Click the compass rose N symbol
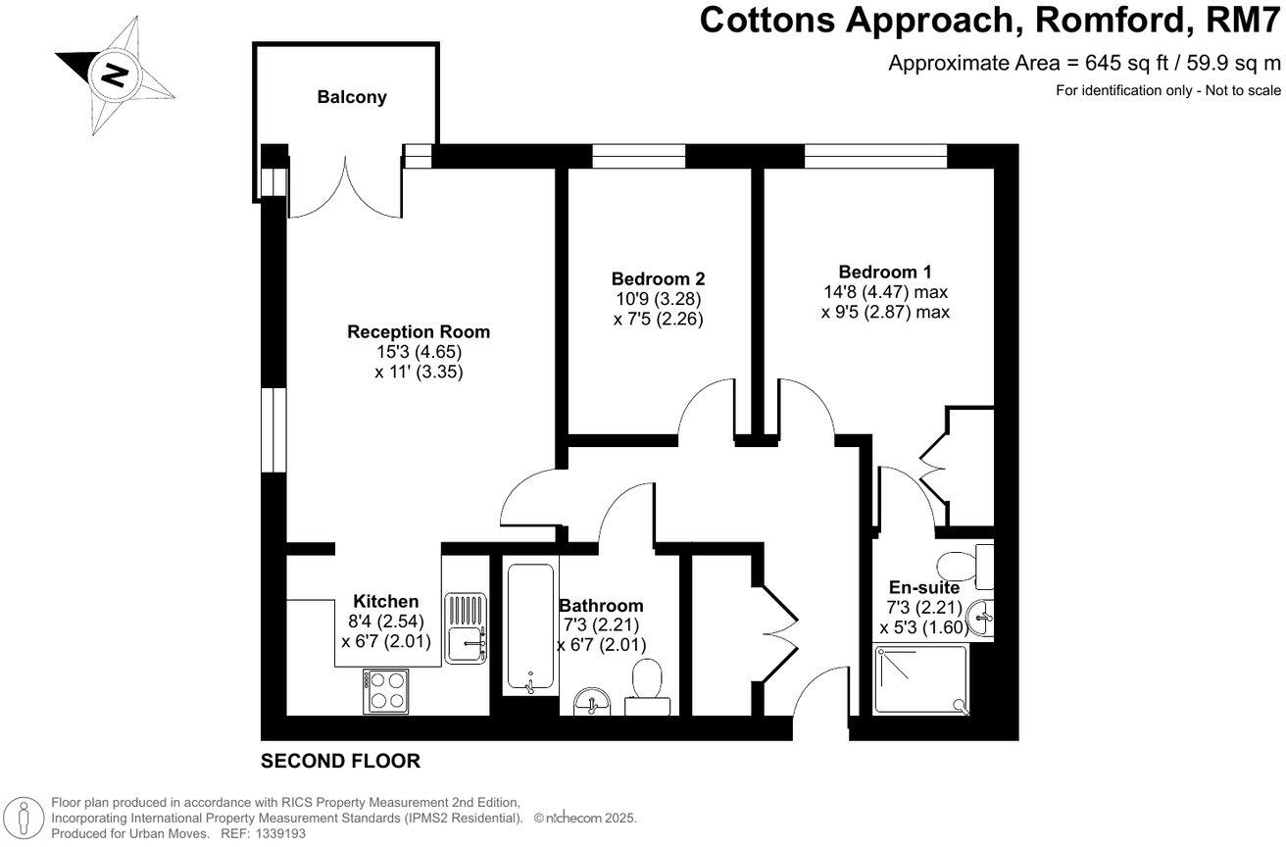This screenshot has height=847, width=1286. point(116,74)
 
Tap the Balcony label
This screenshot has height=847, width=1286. point(351,97)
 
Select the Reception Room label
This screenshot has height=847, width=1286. point(419,332)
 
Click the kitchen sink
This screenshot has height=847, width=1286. point(465,627)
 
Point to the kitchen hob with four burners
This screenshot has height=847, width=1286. point(386,690)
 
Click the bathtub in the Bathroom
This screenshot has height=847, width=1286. point(530,627)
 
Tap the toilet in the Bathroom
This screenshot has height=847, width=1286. point(647,682)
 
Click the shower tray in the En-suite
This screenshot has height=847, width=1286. point(919,679)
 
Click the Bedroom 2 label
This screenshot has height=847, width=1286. point(658,278)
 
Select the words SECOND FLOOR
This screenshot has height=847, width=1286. point(340,761)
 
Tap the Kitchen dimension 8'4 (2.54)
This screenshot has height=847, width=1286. point(386,622)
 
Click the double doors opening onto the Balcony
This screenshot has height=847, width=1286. point(345,186)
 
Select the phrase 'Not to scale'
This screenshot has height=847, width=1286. point(1239,91)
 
